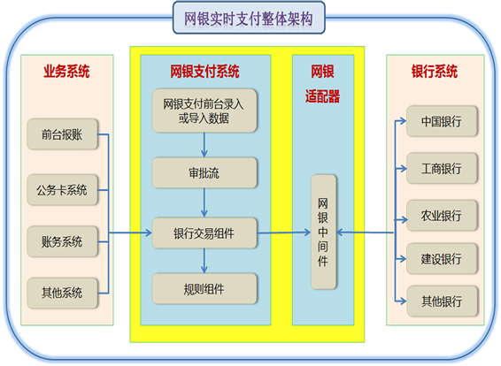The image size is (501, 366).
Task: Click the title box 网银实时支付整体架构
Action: click(x=249, y=18)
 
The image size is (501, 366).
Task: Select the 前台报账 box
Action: click(x=62, y=134)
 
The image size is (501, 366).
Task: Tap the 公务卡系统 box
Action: click(x=62, y=190)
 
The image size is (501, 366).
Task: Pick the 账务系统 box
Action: click(x=62, y=241)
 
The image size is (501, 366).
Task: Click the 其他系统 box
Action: click(x=62, y=293)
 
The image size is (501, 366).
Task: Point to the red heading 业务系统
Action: click(x=66, y=71)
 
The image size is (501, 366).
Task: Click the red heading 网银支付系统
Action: click(x=204, y=71)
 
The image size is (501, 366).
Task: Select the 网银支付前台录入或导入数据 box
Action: click(x=204, y=111)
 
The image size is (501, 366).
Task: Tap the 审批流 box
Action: click(x=204, y=173)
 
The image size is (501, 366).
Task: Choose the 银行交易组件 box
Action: click(x=204, y=233)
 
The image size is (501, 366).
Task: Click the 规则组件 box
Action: click(x=204, y=289)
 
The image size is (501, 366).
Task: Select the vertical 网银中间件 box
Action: click(x=323, y=232)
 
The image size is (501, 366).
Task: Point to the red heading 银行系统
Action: click(x=435, y=71)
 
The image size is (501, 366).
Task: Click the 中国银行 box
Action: click(x=442, y=121)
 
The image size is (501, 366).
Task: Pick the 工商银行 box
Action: click(x=442, y=168)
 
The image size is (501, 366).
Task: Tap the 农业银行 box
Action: click(x=442, y=216)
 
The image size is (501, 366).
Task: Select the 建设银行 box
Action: click(x=442, y=258)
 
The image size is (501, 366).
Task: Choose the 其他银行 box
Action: click(x=442, y=301)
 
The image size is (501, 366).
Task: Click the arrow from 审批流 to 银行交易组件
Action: click(x=204, y=203)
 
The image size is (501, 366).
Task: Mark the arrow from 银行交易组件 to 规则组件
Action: click(x=204, y=261)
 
